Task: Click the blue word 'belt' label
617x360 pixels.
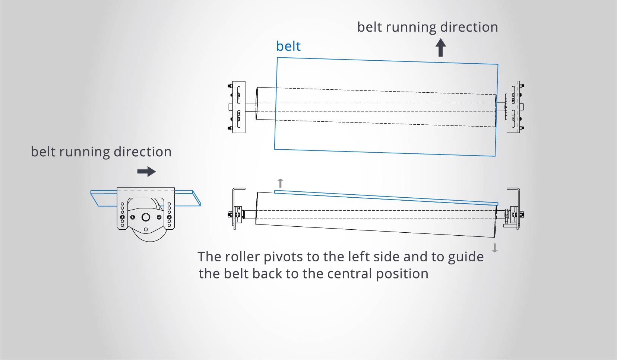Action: tap(288, 46)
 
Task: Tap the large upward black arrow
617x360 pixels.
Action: tap(441, 48)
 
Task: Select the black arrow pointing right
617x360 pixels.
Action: tap(146, 171)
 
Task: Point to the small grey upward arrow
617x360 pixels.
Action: tap(281, 183)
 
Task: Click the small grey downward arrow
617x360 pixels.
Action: tap(495, 248)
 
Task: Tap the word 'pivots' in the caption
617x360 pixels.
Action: tap(283, 257)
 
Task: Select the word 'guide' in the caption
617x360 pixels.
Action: tap(466, 257)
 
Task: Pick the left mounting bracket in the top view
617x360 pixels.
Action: tap(238, 107)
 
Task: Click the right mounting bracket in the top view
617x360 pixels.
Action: tap(513, 107)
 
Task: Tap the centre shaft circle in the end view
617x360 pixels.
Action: tap(146, 217)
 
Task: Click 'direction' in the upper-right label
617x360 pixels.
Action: tap(469, 27)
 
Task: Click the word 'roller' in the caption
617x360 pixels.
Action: tap(243, 257)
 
